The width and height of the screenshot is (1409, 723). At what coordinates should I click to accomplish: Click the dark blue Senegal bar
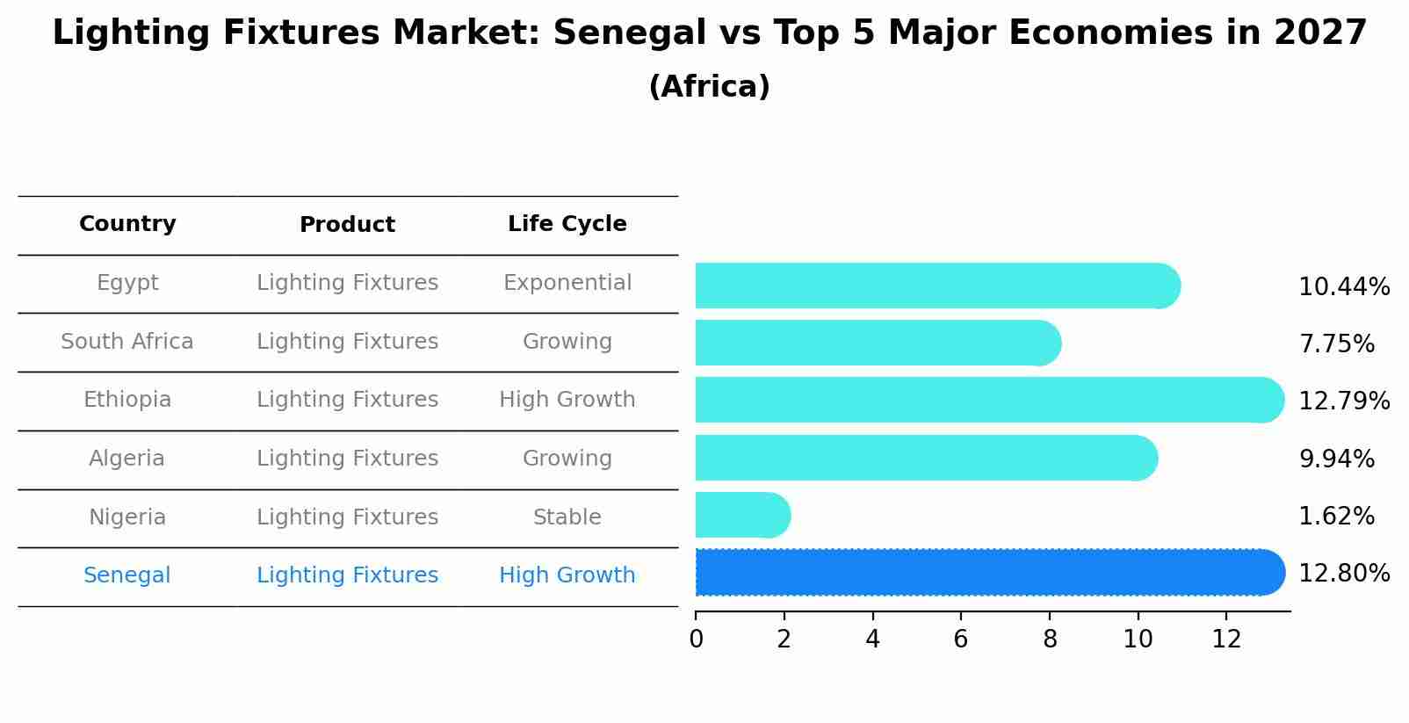[988, 572]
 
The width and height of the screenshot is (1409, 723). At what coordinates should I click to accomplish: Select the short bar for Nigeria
[742, 515]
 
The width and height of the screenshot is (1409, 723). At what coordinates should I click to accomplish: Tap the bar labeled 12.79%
[988, 400]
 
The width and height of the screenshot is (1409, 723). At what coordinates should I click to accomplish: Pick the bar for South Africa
[877, 343]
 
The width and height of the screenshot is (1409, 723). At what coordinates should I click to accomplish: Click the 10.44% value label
[1343, 287]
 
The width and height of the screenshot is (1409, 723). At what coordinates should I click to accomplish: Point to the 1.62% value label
[1336, 516]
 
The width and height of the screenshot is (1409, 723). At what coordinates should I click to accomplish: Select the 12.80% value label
[1343, 574]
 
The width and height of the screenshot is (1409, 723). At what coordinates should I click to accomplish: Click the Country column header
[127, 224]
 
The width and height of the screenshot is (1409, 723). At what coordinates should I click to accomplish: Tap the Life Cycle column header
[567, 224]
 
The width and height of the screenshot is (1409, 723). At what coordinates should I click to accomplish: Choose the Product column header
[347, 225]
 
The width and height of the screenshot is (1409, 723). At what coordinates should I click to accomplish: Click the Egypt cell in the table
[127, 283]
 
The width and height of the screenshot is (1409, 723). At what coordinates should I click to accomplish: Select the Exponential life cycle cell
[567, 283]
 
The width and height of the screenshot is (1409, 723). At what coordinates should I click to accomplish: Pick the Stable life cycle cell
[567, 517]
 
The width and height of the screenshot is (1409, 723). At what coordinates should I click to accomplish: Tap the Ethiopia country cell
[127, 400]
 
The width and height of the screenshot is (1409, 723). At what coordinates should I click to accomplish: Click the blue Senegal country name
[127, 575]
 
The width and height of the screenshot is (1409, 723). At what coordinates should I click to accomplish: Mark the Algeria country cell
[127, 459]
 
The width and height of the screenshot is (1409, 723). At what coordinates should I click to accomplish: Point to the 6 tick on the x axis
[960, 639]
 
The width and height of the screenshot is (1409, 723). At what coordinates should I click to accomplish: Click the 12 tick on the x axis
[1226, 639]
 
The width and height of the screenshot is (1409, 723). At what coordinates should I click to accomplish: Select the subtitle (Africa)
[709, 87]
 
